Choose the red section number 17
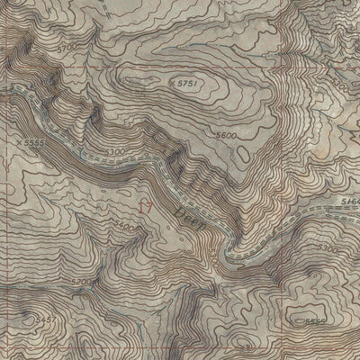pyautogui.click(x=145, y=206)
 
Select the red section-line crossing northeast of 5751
pyautogui.click(x=270, y=65)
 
